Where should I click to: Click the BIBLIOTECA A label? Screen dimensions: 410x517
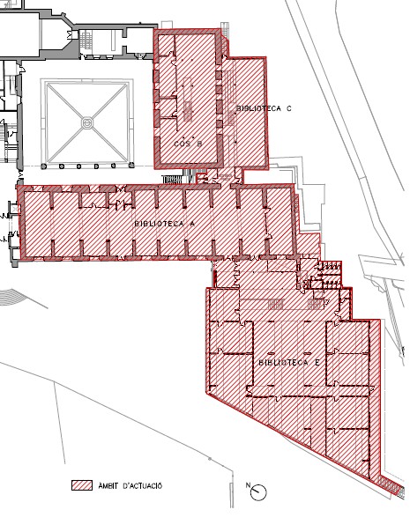164,224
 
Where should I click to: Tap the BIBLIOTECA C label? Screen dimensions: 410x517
264,108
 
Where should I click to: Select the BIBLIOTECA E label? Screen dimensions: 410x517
289,363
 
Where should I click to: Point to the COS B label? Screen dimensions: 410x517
188,144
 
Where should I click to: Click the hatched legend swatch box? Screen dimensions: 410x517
82,485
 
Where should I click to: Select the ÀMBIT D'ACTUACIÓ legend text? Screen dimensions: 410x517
130,485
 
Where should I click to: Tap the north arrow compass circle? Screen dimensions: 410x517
258,492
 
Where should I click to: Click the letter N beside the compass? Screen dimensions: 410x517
248,484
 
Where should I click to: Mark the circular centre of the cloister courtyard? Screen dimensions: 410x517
87,123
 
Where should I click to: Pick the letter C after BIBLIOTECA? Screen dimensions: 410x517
289,108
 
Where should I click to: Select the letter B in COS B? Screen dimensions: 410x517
199,144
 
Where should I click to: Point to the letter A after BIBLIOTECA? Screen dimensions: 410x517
192,224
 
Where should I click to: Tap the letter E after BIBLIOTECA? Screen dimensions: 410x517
317,363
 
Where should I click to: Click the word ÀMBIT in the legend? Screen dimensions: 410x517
108,485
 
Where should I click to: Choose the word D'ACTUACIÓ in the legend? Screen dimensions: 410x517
142,485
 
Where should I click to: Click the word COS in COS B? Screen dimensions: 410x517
181,144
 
